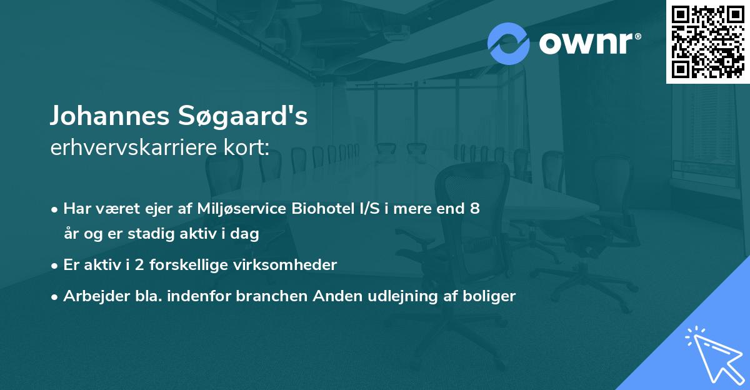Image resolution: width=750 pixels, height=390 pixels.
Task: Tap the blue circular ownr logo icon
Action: tap(508, 44)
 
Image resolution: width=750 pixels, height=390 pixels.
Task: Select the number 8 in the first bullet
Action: tap(476, 209)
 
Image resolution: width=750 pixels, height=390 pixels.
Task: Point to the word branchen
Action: tap(264, 296)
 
